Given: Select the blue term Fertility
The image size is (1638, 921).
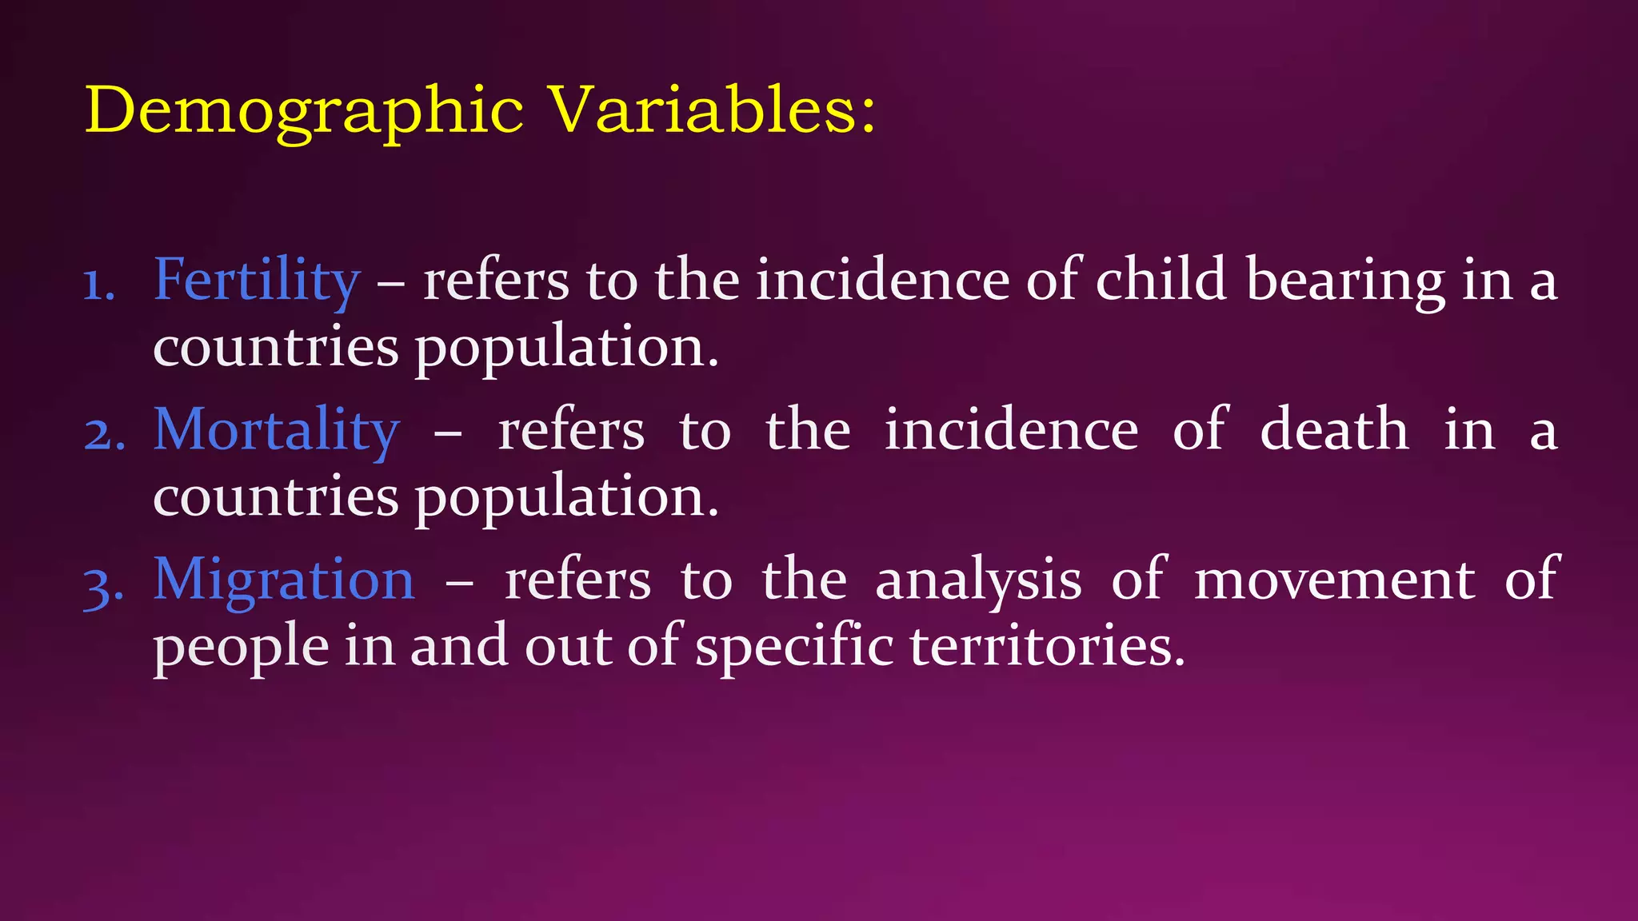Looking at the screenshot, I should pyautogui.click(x=257, y=281).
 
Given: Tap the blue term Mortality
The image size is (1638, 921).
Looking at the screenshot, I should pyautogui.click(x=276, y=430).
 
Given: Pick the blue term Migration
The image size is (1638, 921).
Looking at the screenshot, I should pyautogui.click(x=284, y=580).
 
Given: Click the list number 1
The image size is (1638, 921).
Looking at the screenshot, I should pyautogui.click(x=99, y=285).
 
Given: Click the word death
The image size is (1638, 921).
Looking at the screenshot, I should pyautogui.click(x=1334, y=430).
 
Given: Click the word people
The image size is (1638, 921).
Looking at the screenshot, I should pyautogui.click(x=241, y=648).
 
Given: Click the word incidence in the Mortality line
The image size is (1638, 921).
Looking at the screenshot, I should pyautogui.click(x=1011, y=430).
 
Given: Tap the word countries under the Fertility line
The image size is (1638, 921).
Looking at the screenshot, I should pyautogui.click(x=276, y=348).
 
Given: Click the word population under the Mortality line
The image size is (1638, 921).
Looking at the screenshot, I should pyautogui.click(x=566, y=498).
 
